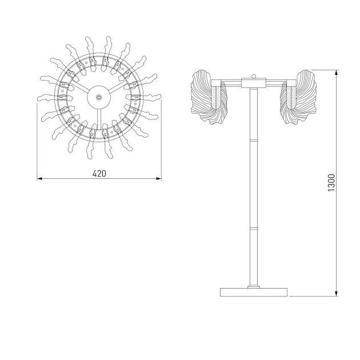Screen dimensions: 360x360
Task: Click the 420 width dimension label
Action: pyautogui.click(x=99, y=174)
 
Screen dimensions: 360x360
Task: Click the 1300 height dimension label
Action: pyautogui.click(x=331, y=183)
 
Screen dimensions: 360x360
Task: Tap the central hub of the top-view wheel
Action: pyautogui.click(x=99, y=97)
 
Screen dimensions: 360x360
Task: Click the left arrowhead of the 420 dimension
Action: pyautogui.click(x=40, y=179)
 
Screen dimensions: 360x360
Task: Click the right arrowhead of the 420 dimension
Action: pyautogui.click(x=159, y=179)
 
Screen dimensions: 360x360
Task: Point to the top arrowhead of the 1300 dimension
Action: pyautogui.click(x=337, y=73)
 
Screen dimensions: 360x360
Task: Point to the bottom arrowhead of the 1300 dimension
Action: pyautogui.click(x=337, y=293)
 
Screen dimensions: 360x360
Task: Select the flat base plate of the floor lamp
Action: pyautogui.click(x=254, y=292)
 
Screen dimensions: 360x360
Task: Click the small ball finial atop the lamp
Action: pyautogui.click(x=254, y=76)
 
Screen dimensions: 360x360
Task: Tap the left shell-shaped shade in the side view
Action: pyautogui.click(x=209, y=97)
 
